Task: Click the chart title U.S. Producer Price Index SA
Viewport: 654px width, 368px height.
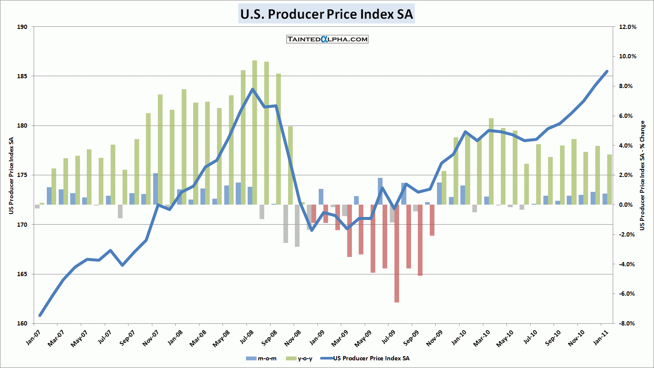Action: click(x=326, y=14)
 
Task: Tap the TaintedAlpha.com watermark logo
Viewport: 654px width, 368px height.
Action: click(x=327, y=39)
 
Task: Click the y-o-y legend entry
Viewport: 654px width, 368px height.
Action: click(x=300, y=358)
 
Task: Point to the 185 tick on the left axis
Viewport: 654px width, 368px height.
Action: click(x=22, y=76)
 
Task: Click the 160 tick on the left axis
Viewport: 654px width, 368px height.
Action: click(x=22, y=323)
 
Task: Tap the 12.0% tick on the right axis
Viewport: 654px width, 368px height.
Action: click(x=628, y=27)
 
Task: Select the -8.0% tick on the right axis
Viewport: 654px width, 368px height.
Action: click(x=628, y=323)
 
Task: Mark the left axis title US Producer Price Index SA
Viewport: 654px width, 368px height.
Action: click(x=11, y=175)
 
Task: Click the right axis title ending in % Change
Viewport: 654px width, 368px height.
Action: click(x=643, y=175)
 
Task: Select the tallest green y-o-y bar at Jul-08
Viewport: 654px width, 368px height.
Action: click(x=254, y=132)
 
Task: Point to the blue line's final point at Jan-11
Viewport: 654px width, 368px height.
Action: click(x=607, y=71)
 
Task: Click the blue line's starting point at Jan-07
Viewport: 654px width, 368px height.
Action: click(x=40, y=315)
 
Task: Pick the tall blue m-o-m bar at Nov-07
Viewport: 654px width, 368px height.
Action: click(x=155, y=189)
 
